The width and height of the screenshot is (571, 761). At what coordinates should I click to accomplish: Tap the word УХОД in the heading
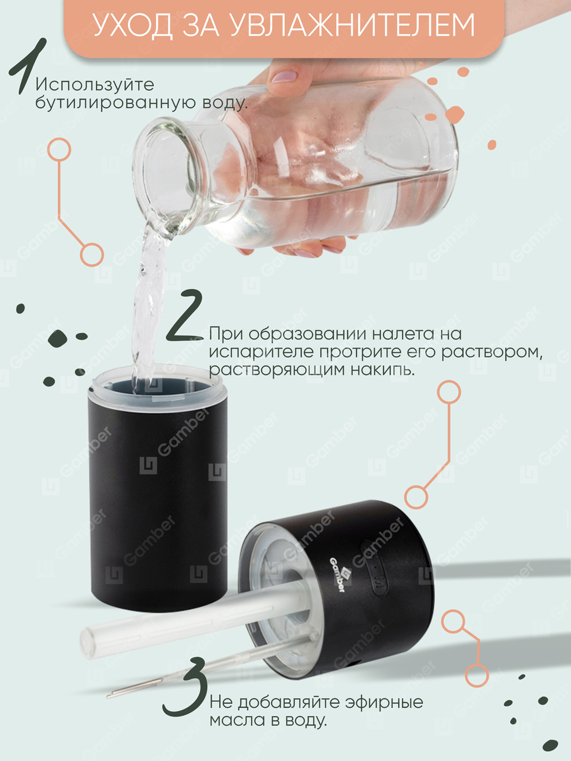pyautogui.click(x=133, y=25)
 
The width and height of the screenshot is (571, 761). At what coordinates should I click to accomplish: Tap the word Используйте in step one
pyautogui.click(x=95, y=85)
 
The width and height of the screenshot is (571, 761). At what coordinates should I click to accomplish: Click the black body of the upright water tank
pyautogui.click(x=158, y=499)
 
